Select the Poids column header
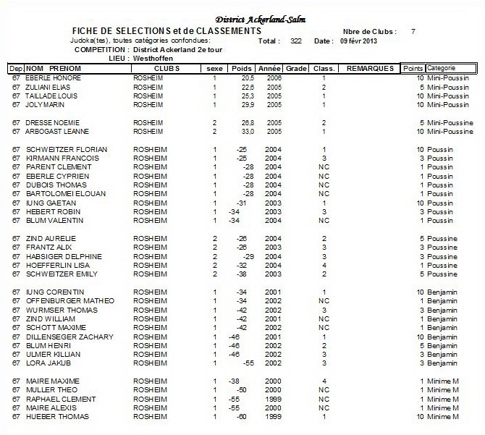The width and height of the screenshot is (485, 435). coord(242,68)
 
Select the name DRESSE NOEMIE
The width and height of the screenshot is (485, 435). coord(53,123)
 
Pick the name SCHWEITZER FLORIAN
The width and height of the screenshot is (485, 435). coord(67,149)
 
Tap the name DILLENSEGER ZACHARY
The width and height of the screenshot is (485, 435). coord(69,337)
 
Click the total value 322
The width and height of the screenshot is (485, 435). coord(295,41)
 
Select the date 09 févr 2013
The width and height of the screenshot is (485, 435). coord(358,41)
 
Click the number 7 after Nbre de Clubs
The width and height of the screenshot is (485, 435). coord(413,32)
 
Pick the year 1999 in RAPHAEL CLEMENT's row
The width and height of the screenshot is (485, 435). coord(273,399)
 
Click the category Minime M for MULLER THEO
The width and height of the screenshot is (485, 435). coord(444,390)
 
